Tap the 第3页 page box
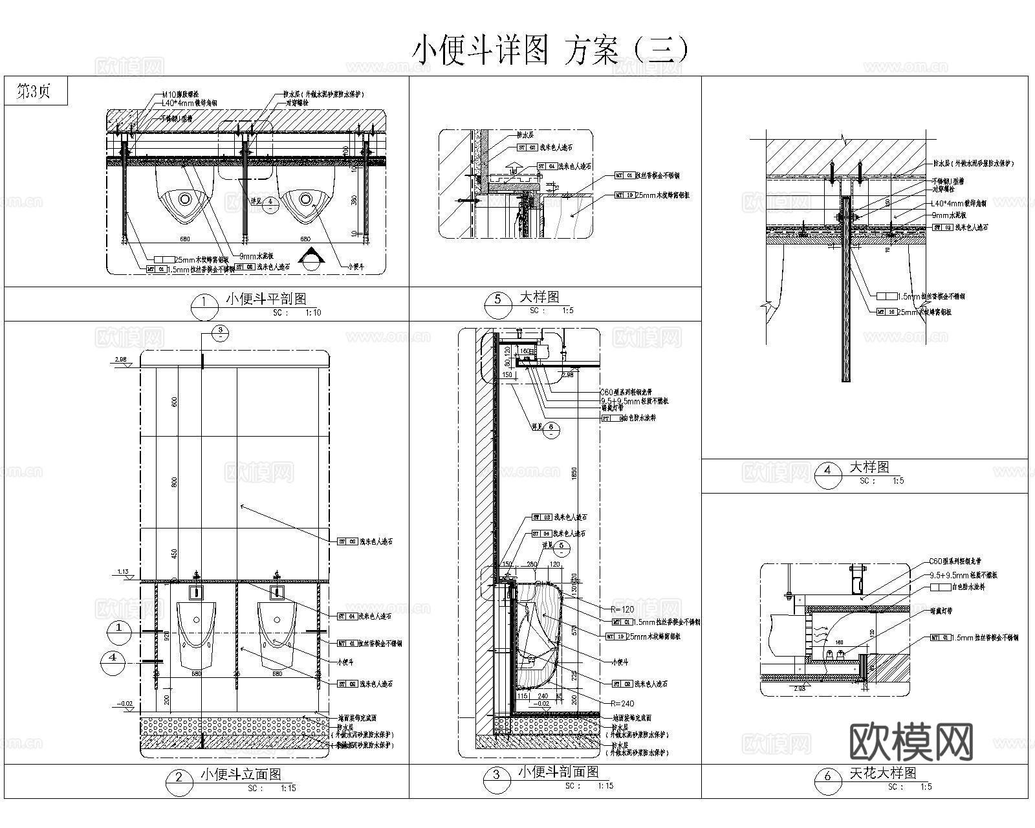click(34, 91)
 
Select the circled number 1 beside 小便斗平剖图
click(204, 303)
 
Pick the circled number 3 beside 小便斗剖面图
click(497, 776)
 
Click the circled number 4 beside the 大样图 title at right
click(828, 470)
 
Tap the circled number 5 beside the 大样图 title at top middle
click(497, 300)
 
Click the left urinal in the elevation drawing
click(196, 635)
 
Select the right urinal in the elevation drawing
click(277, 635)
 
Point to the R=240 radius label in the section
click(622, 703)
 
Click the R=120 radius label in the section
click(622, 609)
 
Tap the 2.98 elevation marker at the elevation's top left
click(121, 360)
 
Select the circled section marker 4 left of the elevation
click(113, 658)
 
